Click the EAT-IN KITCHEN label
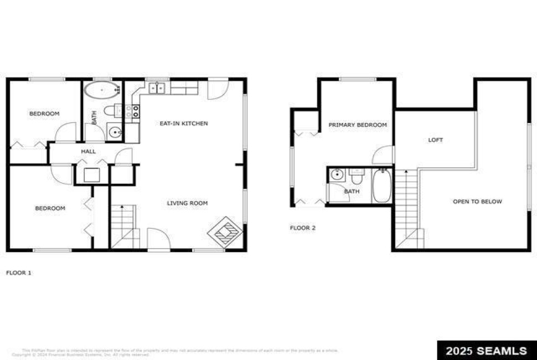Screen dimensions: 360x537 click(x=184, y=123)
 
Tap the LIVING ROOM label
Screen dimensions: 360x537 click(x=188, y=203)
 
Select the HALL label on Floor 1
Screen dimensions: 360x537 click(x=89, y=151)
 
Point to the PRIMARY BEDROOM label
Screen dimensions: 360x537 click(x=358, y=125)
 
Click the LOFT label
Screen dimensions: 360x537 click(x=436, y=140)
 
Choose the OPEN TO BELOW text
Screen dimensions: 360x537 click(x=477, y=202)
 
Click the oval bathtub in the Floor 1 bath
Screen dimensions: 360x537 click(x=102, y=90)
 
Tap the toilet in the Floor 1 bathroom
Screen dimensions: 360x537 click(x=110, y=110)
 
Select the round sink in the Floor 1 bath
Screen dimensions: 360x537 click(x=115, y=132)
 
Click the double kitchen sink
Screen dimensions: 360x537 click(x=157, y=88)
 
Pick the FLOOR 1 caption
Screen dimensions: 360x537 click(x=18, y=272)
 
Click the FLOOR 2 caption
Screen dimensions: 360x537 click(x=303, y=228)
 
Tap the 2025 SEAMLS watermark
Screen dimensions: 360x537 click(x=487, y=351)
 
